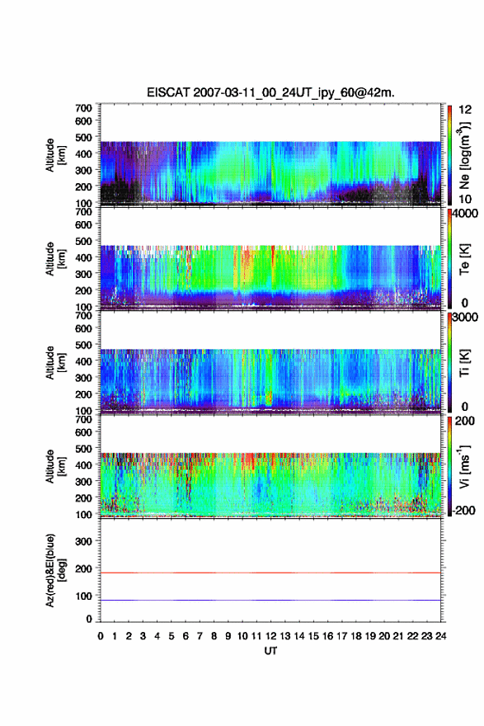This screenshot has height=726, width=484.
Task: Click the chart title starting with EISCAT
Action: (x=270, y=92)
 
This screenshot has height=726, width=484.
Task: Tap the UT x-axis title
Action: (x=270, y=651)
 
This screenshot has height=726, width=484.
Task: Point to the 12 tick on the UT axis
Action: (x=270, y=636)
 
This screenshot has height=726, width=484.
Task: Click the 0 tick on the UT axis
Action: (x=101, y=636)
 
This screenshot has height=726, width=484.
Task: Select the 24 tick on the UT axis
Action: (x=440, y=636)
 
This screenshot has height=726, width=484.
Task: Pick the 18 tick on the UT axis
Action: (x=356, y=636)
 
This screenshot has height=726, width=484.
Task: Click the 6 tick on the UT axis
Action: (x=186, y=636)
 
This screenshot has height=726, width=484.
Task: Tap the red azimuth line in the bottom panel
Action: (x=270, y=573)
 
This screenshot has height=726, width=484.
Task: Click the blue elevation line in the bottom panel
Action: (x=270, y=600)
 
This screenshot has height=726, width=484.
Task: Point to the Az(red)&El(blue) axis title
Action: (x=54, y=570)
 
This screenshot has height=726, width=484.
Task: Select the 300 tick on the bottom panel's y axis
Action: (x=83, y=541)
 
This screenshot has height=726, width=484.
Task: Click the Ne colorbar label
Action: (x=464, y=157)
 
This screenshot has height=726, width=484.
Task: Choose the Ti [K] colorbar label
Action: (x=464, y=362)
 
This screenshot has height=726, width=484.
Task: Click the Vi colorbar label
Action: (x=464, y=467)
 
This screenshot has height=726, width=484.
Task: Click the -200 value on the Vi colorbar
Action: (x=462, y=511)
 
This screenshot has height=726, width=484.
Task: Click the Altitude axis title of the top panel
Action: (x=55, y=155)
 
